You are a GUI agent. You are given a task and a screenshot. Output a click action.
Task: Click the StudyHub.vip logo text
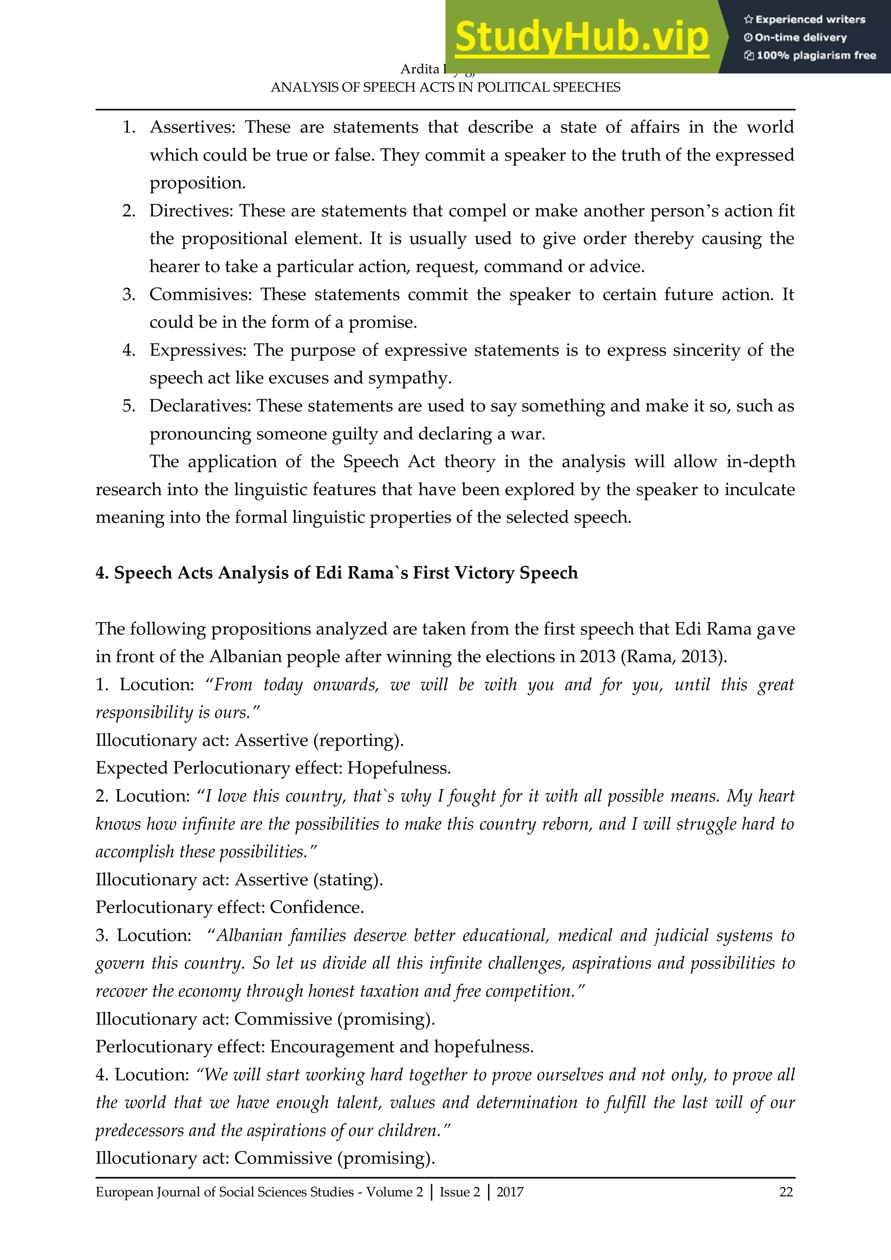point(582,37)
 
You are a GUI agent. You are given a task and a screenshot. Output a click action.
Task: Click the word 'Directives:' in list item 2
point(191,211)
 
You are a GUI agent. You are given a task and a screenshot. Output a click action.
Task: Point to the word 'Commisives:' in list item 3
point(200,295)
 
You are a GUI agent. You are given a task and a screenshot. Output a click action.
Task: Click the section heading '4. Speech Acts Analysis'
point(336,573)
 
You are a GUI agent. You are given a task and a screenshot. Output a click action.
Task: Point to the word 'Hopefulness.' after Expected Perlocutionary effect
point(399,768)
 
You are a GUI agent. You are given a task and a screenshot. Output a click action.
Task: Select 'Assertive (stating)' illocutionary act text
point(308,880)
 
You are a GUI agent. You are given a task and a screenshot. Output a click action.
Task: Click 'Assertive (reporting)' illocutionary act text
point(319,741)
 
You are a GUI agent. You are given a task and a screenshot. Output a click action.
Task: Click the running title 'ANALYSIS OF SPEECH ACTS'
point(445,88)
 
